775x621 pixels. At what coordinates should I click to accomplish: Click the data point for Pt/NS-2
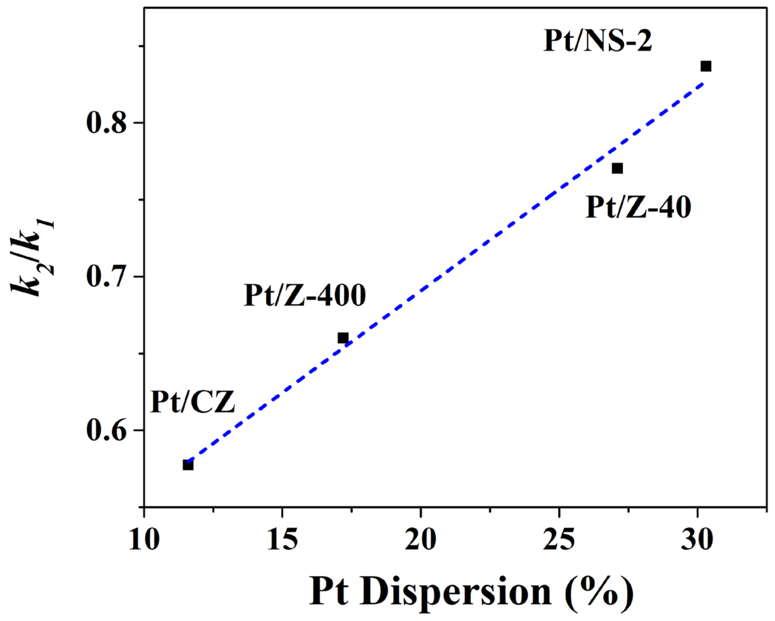point(706,66)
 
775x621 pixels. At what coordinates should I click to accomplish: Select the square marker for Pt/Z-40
point(617,168)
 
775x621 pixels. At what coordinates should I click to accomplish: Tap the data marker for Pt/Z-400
point(343,338)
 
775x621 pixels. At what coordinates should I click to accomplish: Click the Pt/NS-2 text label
point(597,41)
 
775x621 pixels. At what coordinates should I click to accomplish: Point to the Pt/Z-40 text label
point(638,207)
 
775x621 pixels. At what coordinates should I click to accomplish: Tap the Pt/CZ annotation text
point(193,402)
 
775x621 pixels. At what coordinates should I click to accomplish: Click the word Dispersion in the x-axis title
point(456,591)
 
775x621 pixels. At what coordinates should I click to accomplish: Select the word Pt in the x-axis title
point(329,591)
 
